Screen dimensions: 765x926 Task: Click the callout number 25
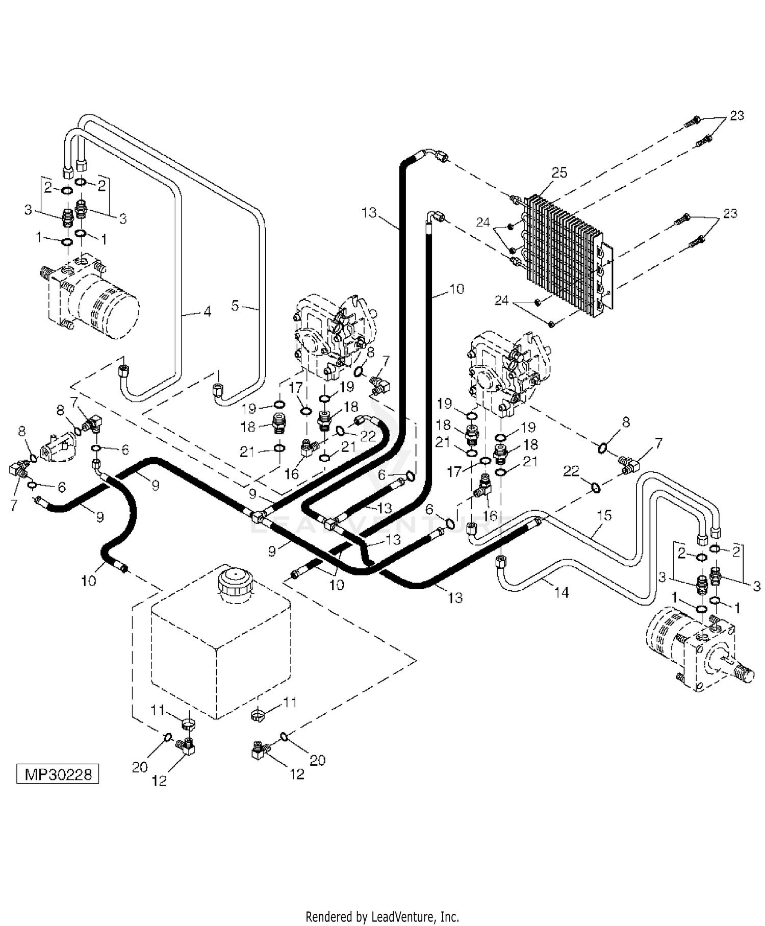point(559,172)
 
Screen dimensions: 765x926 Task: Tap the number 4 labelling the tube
point(207,311)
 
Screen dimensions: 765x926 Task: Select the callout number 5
point(235,306)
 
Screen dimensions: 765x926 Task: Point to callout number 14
point(561,592)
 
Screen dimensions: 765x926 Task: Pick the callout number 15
point(604,515)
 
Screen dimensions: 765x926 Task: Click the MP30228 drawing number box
point(58,774)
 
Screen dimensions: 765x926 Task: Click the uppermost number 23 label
point(736,116)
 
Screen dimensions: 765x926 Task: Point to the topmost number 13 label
point(369,212)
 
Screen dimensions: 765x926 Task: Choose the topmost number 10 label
point(456,289)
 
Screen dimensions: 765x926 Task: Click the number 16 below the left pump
point(291,474)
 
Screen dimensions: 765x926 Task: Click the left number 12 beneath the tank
point(160,781)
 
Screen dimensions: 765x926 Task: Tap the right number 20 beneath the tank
point(317,760)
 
